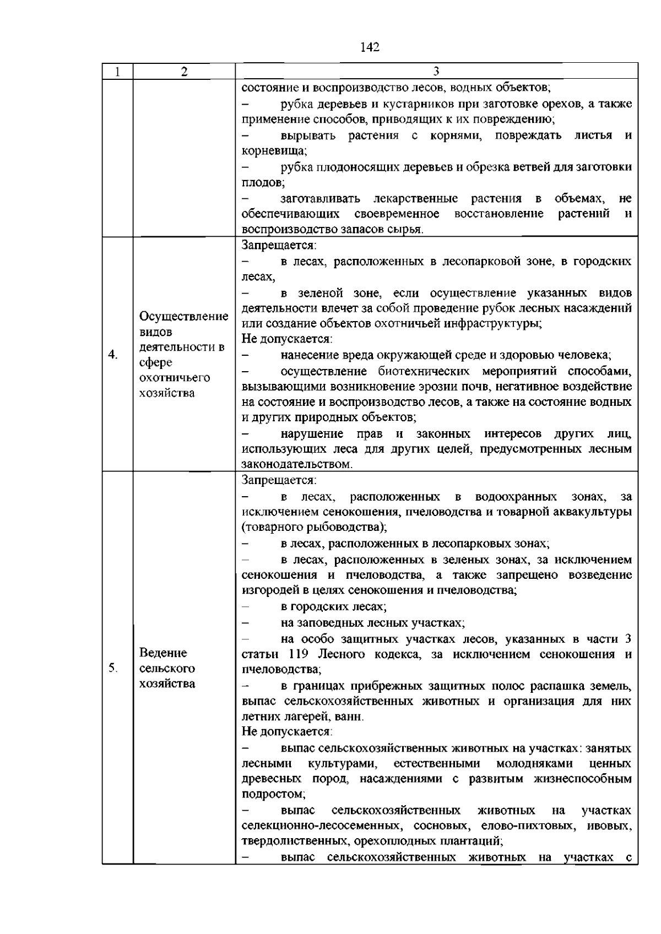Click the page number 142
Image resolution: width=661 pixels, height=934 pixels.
click(370, 47)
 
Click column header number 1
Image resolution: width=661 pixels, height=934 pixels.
click(117, 72)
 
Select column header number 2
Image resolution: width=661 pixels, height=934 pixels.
click(184, 72)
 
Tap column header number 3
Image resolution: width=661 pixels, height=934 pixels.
click(436, 72)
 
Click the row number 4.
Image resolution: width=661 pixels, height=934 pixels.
click(112, 355)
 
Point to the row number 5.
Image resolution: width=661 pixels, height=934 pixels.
click(112, 668)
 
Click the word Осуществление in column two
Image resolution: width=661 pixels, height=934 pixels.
click(184, 317)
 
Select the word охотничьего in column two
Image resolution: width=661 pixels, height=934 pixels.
click(167, 378)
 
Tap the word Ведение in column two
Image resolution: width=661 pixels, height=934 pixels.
click(163, 653)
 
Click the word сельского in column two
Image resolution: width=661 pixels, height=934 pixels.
click(167, 669)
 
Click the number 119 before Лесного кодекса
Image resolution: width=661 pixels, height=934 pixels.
click(298, 654)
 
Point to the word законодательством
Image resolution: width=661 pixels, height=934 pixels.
click(296, 464)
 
